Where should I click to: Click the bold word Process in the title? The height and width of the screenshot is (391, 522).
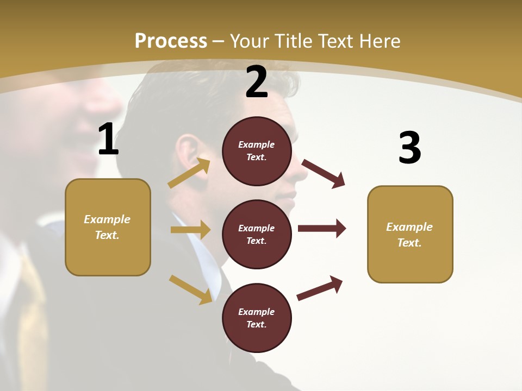pyautogui.click(x=171, y=41)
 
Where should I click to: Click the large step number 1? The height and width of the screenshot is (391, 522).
pyautogui.click(x=108, y=140)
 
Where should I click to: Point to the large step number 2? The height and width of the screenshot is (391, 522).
pyautogui.click(x=257, y=82)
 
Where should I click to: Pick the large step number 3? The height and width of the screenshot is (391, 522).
pyautogui.click(x=409, y=148)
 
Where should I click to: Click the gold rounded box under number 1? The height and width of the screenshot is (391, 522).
pyautogui.click(x=108, y=227)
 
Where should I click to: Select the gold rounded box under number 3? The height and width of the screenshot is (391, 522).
pyautogui.click(x=410, y=235)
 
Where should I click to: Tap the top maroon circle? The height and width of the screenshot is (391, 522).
pyautogui.click(x=257, y=151)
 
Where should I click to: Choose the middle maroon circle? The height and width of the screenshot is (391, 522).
pyautogui.click(x=257, y=235)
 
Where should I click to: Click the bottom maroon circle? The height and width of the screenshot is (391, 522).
pyautogui.click(x=257, y=318)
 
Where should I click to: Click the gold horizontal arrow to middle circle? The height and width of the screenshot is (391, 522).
pyautogui.click(x=190, y=230)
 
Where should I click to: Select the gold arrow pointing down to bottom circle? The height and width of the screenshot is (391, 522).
pyautogui.click(x=190, y=289)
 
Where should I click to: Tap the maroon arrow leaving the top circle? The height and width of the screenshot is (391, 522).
pyautogui.click(x=323, y=173)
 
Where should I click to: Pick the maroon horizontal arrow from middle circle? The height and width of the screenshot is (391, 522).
pyautogui.click(x=321, y=228)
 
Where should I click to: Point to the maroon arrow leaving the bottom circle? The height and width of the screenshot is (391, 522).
pyautogui.click(x=320, y=288)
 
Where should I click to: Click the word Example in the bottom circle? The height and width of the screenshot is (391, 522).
pyautogui.click(x=257, y=312)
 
